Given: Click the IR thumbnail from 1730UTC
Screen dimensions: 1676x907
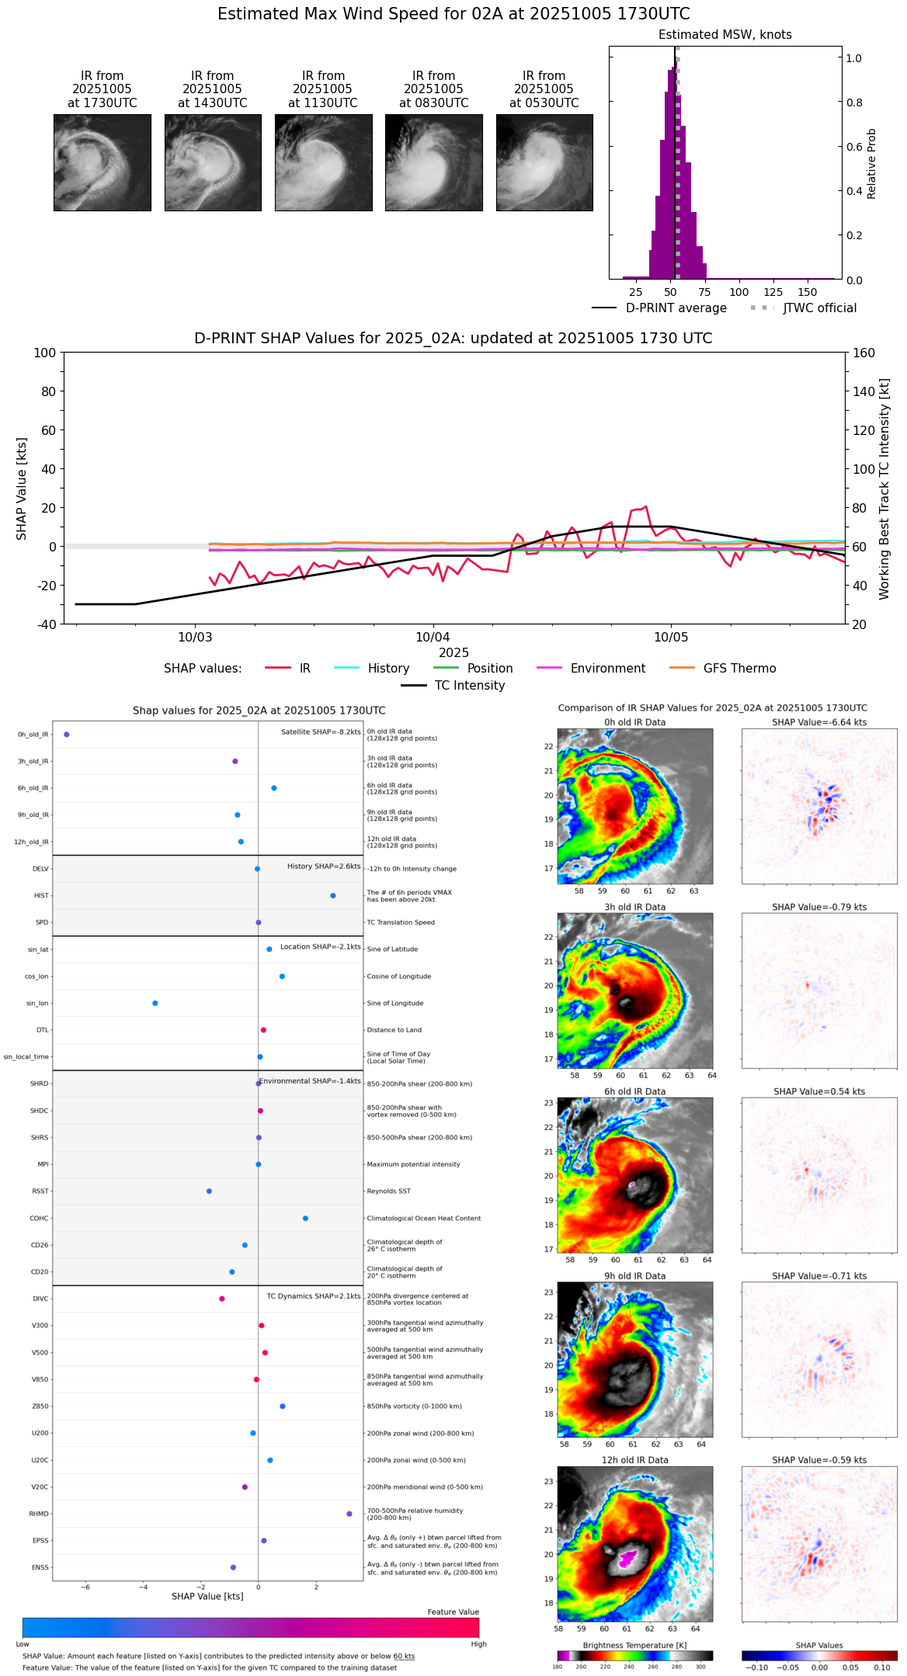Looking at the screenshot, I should pos(102,162).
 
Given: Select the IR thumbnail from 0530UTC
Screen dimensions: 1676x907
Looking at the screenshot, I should pos(544,162).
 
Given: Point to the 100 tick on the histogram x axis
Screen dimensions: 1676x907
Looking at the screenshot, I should pos(739,292).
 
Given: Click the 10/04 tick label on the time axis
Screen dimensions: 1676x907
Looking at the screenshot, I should pos(433,638).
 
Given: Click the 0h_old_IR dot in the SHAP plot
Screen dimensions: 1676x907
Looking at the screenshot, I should pos(67,735).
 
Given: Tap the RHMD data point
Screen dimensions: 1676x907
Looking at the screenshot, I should pos(349,1514).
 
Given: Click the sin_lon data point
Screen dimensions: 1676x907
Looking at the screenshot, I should pos(155,1003).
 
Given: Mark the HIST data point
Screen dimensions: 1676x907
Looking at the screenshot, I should pos(333,896).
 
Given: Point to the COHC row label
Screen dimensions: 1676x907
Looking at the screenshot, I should pos(39,1219).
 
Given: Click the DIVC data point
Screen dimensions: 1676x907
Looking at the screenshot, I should pos(222,1299).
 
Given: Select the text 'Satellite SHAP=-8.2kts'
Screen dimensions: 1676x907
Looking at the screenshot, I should pos(321,732).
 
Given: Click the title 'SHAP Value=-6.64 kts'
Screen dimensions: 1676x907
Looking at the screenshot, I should pos(819,722).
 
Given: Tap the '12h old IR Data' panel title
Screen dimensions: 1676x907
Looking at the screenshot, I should pos(634,1460).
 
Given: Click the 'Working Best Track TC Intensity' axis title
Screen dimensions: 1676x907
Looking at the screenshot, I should pos(884,489).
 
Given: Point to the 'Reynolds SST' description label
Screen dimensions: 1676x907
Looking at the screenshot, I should pos(388,1191).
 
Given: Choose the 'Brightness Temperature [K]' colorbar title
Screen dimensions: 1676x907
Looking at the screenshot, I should pos(634,1646).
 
